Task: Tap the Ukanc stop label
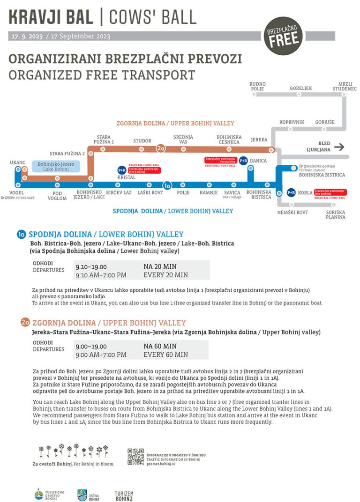click(x=17, y=162)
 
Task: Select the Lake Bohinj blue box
click(x=56, y=166)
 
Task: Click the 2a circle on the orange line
click(x=161, y=149)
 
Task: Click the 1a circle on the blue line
click(x=167, y=185)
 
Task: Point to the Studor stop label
click(x=142, y=140)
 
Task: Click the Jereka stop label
click(x=259, y=140)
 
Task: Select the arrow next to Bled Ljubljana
click(x=339, y=147)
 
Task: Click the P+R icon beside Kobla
click(x=291, y=192)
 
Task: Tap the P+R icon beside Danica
click(x=243, y=161)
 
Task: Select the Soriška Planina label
click(x=336, y=214)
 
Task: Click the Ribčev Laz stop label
click(x=119, y=192)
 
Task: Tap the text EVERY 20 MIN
click(x=165, y=275)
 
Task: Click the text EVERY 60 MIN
click(x=165, y=354)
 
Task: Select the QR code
click(x=135, y=457)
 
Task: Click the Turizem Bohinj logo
click(x=124, y=496)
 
